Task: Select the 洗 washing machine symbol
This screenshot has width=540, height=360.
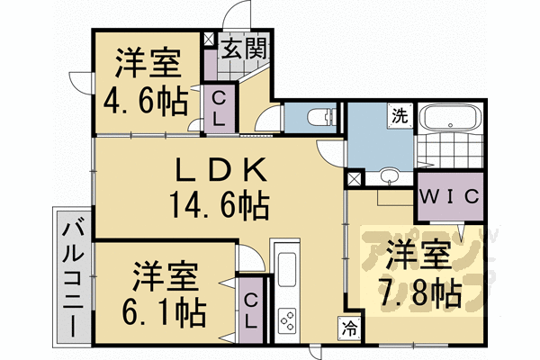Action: pos(398,114)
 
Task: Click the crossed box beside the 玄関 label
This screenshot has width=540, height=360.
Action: pos(210,40)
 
